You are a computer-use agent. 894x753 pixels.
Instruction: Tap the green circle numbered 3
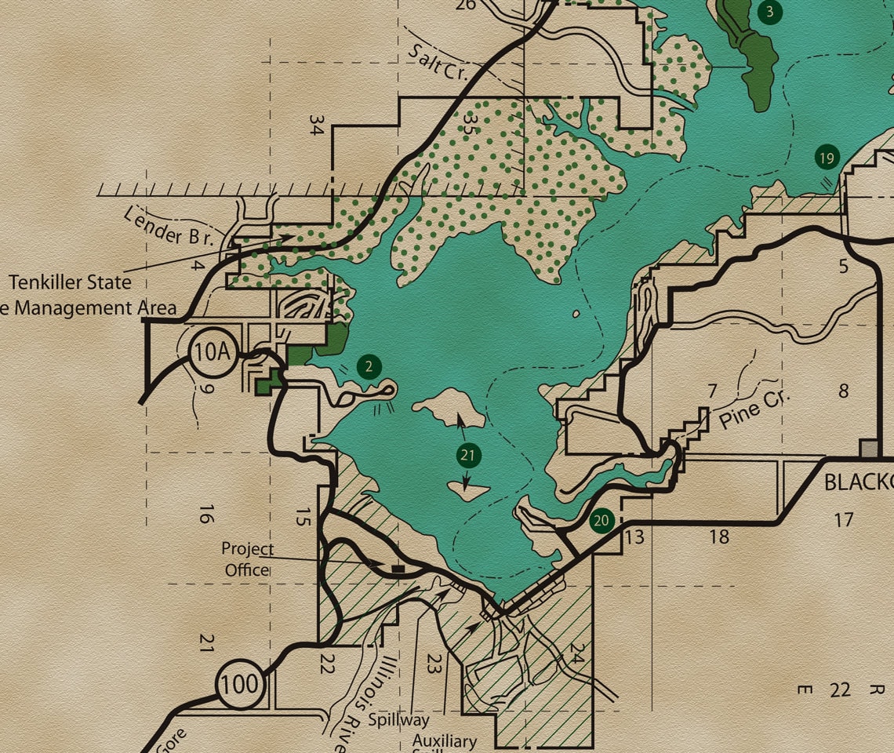[770, 11]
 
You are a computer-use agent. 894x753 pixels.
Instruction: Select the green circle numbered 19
[826, 158]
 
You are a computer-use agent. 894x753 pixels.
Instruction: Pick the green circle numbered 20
[601, 520]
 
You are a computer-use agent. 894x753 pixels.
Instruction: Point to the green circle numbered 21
[468, 455]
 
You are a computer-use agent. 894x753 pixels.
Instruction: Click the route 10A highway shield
[212, 353]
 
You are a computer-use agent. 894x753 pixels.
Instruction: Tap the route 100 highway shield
[239, 684]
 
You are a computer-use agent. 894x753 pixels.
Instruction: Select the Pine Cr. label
[751, 407]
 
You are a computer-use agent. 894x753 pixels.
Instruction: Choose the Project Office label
[247, 559]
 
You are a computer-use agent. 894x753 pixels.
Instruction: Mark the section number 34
[316, 125]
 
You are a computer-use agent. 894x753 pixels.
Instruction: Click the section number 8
[844, 391]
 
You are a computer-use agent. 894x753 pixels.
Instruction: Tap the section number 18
[718, 537]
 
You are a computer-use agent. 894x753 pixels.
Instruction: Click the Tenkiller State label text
[71, 282]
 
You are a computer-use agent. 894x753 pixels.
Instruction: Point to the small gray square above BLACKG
[870, 449]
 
